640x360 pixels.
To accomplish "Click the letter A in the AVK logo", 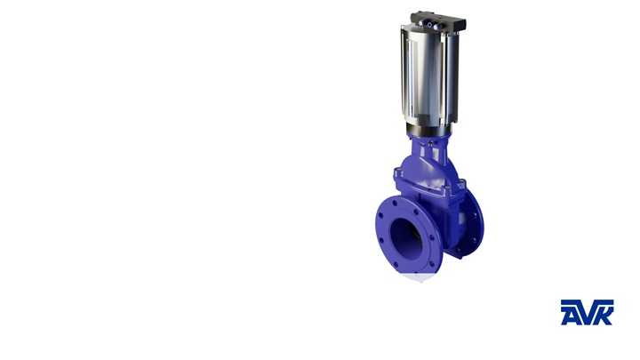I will pos(570,312).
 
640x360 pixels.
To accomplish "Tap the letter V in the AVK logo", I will pos(587,312).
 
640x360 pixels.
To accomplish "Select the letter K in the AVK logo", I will pos(604,312).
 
